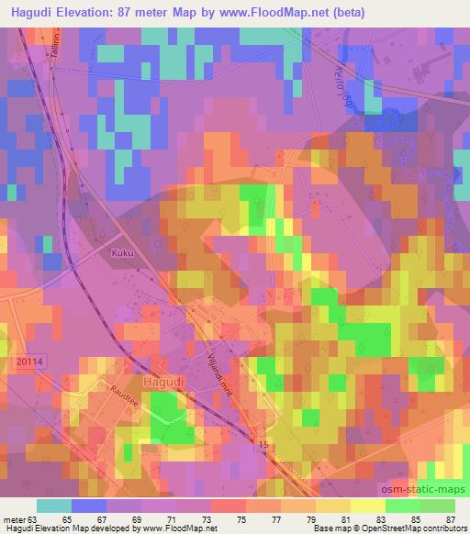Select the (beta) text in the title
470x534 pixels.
point(396,11)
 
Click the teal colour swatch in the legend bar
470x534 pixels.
point(53,506)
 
